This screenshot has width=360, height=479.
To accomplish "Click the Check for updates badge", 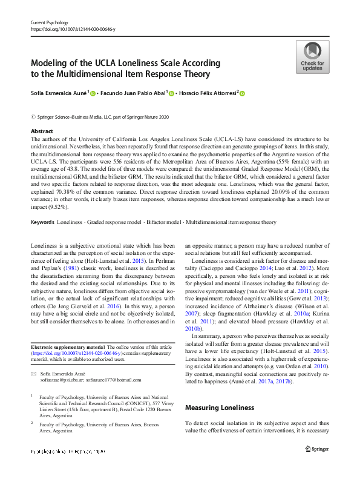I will pos(312,57).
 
